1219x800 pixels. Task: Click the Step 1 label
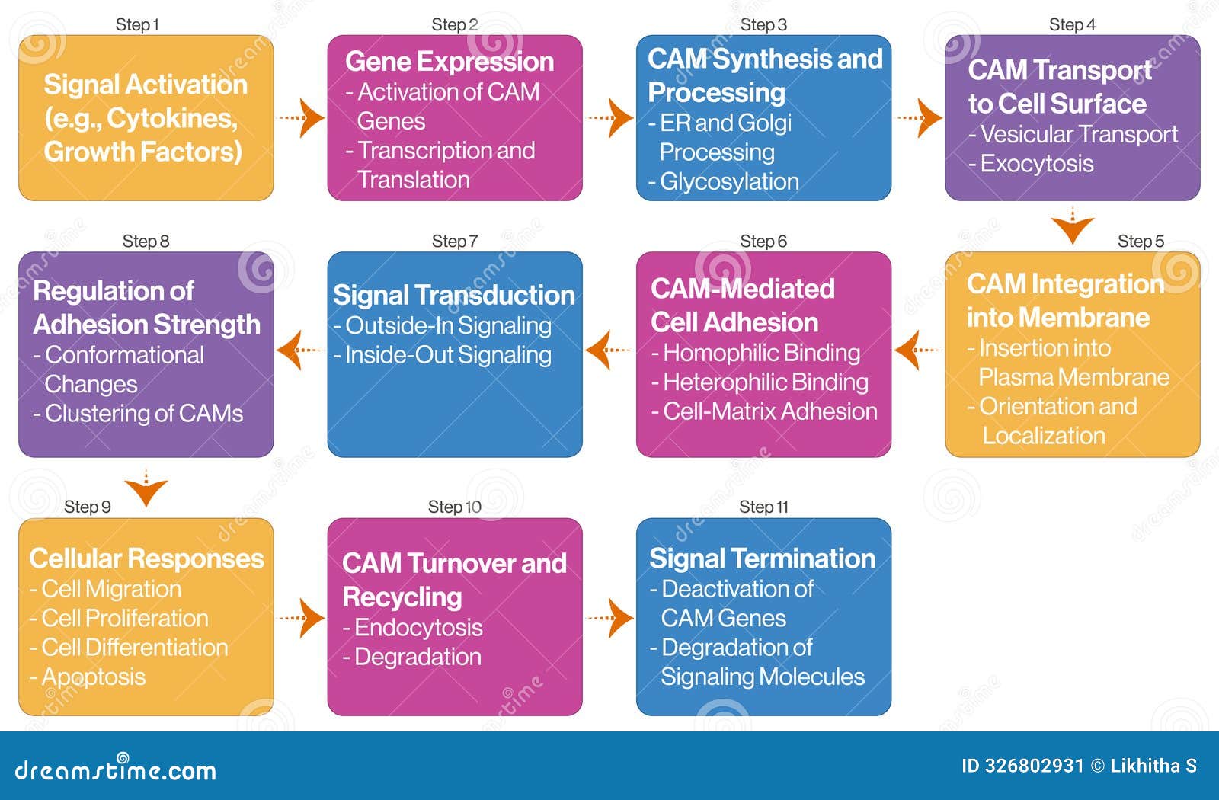[x=137, y=24]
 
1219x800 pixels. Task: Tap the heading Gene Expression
[x=450, y=62]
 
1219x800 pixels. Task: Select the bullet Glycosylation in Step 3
[x=729, y=181]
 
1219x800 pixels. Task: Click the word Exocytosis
[x=1036, y=164]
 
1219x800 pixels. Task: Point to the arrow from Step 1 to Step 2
[x=302, y=117]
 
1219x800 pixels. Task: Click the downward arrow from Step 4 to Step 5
[x=1072, y=226]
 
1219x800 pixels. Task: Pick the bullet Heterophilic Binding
[x=765, y=382]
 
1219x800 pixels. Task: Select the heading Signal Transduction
[x=454, y=295]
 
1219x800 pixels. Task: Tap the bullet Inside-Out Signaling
[x=448, y=355]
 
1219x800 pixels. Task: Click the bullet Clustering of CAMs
[x=143, y=414]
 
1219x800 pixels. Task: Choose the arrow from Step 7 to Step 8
[x=299, y=350]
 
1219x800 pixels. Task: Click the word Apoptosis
[x=93, y=677]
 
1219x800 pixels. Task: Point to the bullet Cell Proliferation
[x=124, y=618]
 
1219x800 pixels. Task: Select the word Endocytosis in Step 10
[x=418, y=628]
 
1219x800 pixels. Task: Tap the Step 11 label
[x=763, y=507]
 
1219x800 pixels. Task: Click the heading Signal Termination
[x=762, y=558]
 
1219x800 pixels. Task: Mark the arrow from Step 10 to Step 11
[x=611, y=617]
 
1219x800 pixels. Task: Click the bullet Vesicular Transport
[x=1079, y=135]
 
